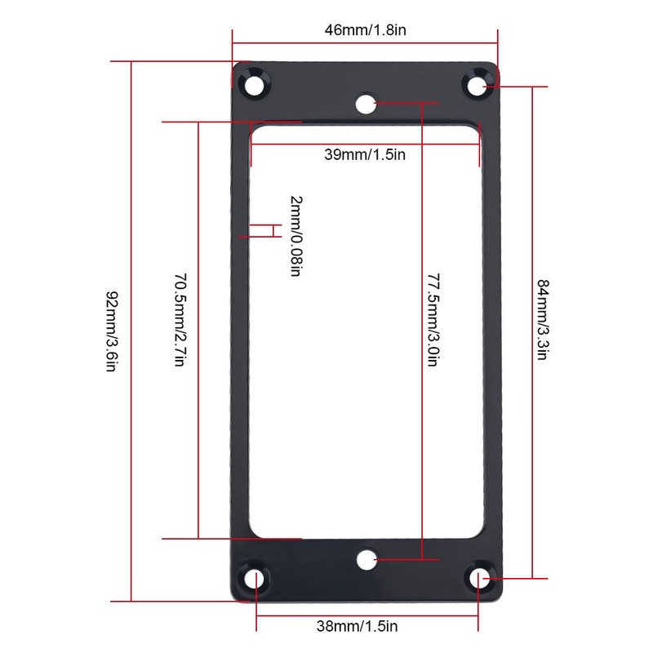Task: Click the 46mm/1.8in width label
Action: (365, 30)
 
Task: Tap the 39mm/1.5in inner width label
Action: (365, 154)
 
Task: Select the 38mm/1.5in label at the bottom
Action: (357, 626)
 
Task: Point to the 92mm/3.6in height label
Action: (112, 331)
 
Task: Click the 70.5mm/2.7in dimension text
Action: (180, 320)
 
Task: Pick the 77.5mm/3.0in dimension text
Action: (434, 320)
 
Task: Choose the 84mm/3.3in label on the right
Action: (543, 320)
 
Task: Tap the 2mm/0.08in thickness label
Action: (296, 236)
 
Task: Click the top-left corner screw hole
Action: (254, 86)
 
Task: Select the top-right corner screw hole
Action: (477, 86)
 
